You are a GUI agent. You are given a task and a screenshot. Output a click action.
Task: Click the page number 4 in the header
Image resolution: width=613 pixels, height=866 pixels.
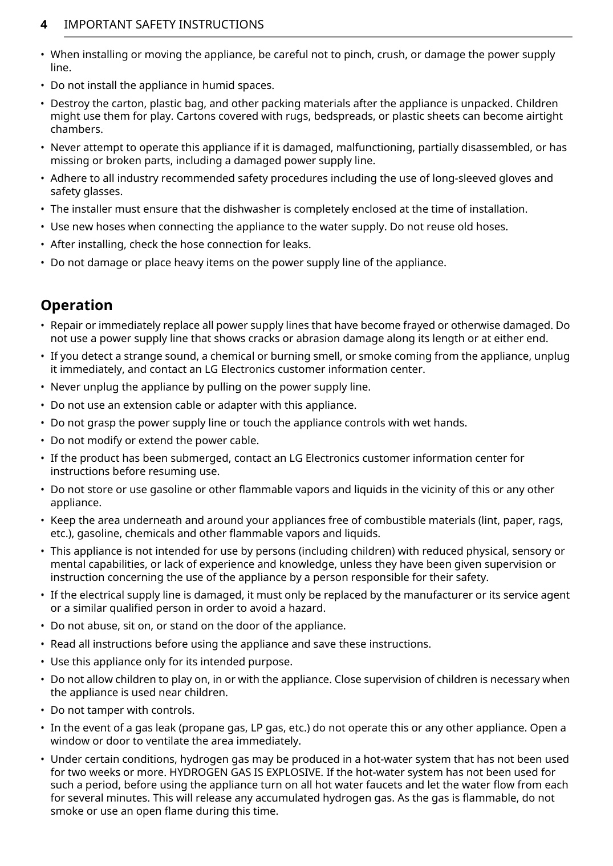point(43,25)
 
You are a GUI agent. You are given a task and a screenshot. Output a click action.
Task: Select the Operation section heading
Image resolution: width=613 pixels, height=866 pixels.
point(76,305)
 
